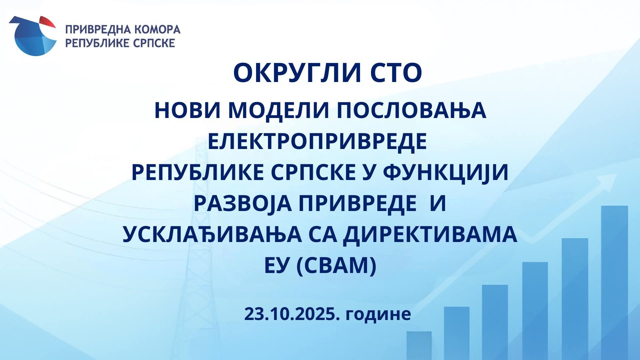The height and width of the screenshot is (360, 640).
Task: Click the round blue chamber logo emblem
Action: (32, 36)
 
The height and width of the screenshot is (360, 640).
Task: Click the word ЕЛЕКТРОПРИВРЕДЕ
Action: (317, 142)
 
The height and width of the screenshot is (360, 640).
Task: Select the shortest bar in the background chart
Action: (419, 346)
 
